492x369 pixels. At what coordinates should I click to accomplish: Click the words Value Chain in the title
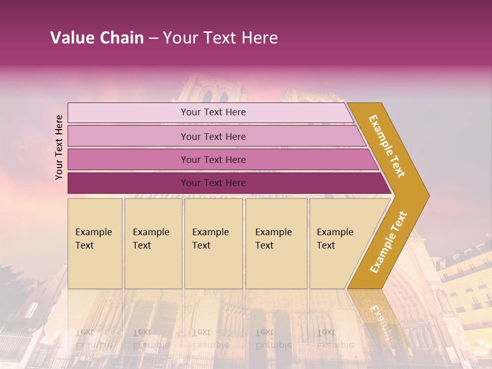[97, 38]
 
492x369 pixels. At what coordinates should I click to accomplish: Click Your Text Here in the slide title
[220, 38]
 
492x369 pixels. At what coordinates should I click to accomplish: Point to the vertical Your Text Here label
[59, 147]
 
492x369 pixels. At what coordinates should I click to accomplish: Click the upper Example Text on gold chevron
[387, 146]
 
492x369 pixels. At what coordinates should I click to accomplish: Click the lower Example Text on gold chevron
[388, 242]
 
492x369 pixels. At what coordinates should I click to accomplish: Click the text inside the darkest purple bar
[213, 183]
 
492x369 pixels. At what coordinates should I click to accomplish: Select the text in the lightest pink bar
[213, 112]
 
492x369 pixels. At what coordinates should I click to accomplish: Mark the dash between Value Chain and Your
[153, 38]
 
